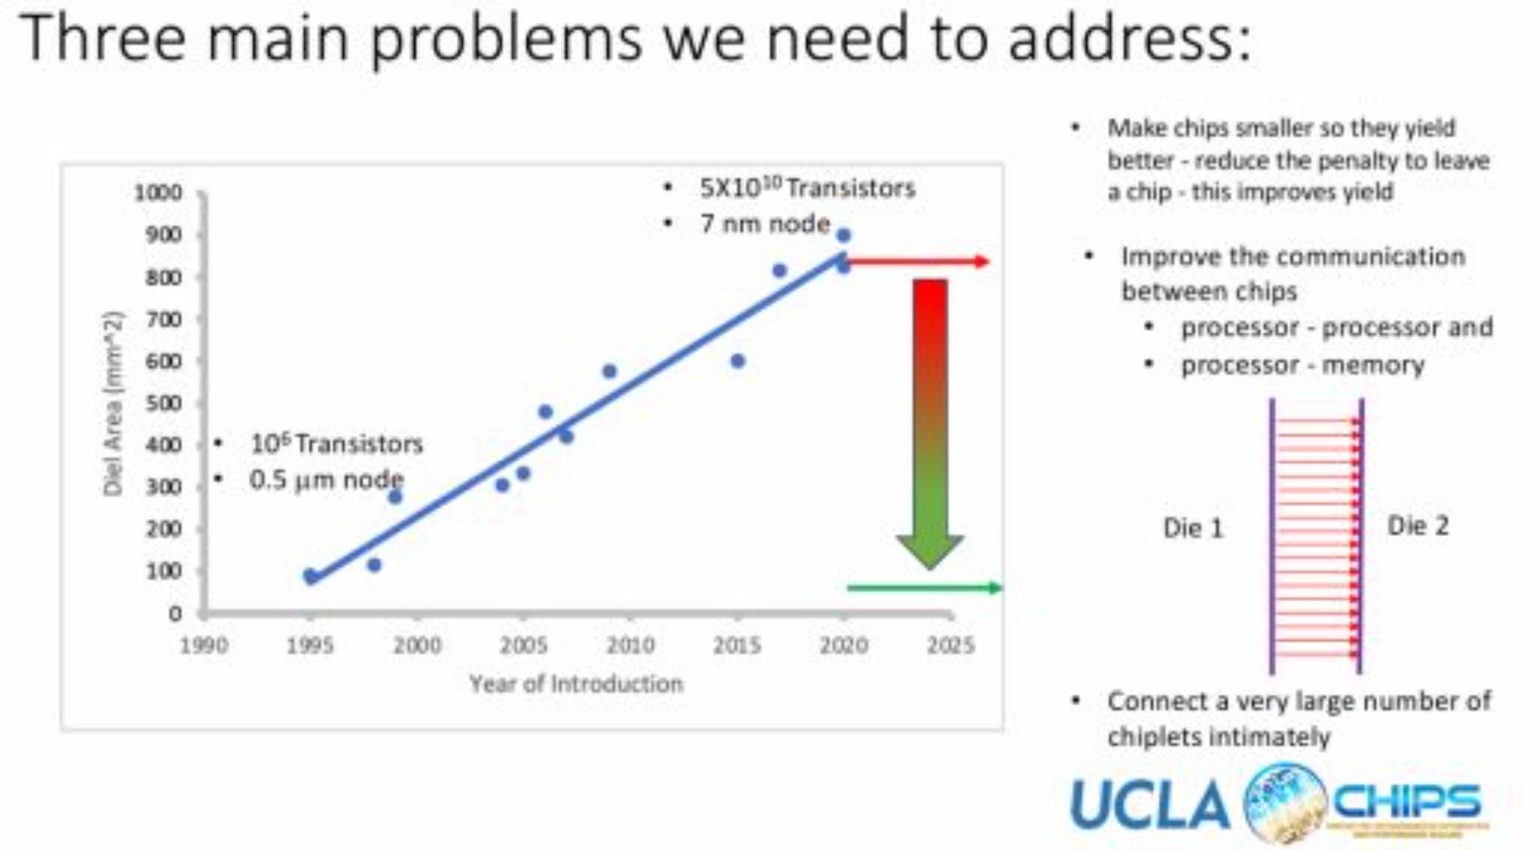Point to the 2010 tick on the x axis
pos(631,645)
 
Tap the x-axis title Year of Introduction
pos(576,683)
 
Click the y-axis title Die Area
pos(112,403)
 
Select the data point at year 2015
pos(738,361)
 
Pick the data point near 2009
pos(609,371)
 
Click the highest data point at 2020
pos(843,236)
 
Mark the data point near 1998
pos(374,565)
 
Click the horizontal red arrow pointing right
pos(918,261)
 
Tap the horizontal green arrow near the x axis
pos(923,588)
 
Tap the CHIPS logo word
pos(1408,801)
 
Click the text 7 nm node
pos(765,224)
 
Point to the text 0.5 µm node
pos(326,479)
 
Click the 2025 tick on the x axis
pos(951,645)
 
